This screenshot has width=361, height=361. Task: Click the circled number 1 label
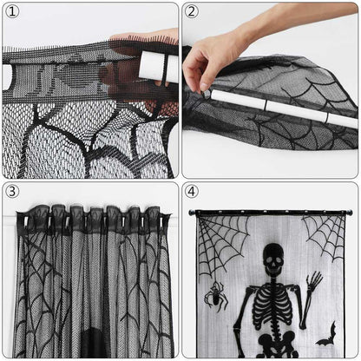[12, 13]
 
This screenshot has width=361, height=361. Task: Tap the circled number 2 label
[193, 13]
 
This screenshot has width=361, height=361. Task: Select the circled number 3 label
[12, 192]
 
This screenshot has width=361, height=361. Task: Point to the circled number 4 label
[193, 192]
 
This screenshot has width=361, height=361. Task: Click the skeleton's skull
[272, 259]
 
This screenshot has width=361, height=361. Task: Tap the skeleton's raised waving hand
[312, 283]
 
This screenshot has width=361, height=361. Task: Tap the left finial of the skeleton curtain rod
[193, 213]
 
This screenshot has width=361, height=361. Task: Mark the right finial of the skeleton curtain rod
[350, 212]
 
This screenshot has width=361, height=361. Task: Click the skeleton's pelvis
[272, 340]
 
